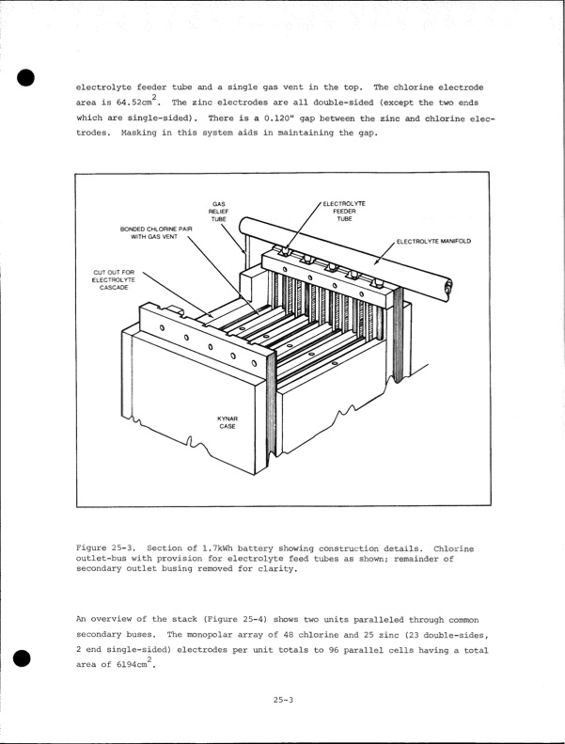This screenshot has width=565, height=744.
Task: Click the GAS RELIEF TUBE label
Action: tap(218, 212)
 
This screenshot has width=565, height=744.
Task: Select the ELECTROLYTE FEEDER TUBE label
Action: tap(345, 212)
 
